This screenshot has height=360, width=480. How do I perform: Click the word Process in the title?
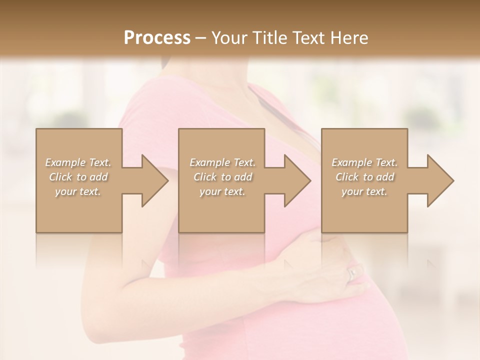click(157, 38)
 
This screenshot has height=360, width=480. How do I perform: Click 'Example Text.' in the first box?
click(78, 162)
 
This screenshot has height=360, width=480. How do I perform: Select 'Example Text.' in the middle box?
click(222, 162)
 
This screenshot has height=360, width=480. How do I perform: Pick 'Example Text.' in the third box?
click(364, 162)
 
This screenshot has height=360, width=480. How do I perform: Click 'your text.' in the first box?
click(78, 191)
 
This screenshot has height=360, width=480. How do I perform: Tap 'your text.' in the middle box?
click(222, 191)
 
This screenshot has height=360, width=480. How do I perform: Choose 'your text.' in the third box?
click(364, 191)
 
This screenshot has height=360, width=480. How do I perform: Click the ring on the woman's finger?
click(352, 273)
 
